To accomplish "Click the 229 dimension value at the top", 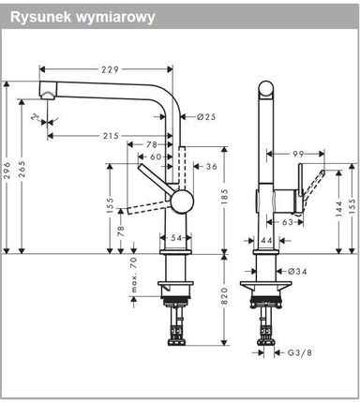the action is (110, 69).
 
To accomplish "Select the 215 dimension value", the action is (111, 136).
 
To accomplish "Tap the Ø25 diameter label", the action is (206, 117).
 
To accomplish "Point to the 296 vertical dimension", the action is (7, 170).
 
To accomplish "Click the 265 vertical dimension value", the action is (22, 170).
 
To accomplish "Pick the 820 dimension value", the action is (225, 296).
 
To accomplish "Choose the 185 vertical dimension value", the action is (225, 197).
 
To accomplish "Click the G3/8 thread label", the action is (300, 352).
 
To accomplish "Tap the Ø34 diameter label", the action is (297, 271).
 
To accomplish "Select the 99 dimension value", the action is (298, 154).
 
